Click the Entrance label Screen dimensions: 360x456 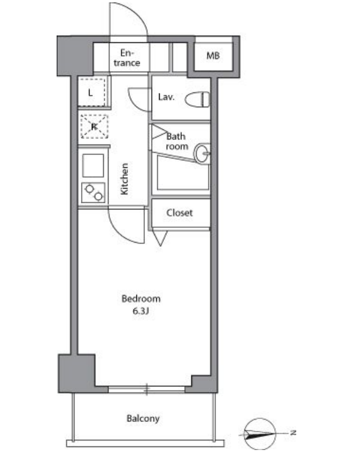[x=127, y=58]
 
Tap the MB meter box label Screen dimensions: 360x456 [x=213, y=55]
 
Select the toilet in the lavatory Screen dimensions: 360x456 [x=197, y=99]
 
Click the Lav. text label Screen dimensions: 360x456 [x=166, y=97]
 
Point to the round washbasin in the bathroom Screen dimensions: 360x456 [x=203, y=154]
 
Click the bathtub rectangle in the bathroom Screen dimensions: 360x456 [x=183, y=172]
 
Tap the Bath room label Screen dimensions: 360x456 [x=176, y=141]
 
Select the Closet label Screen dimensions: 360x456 [x=179, y=213]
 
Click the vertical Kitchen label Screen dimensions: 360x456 [x=124, y=179]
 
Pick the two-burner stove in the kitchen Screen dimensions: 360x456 [x=94, y=193]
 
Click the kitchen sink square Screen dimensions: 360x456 [x=93, y=166]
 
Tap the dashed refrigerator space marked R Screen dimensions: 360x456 [x=94, y=127]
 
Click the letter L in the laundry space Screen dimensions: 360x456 [x=91, y=93]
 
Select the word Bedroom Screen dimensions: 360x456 [x=141, y=299]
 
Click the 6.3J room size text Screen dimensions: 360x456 [x=141, y=311]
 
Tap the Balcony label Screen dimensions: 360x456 [x=143, y=419]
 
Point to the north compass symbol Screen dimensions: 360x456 [x=259, y=434]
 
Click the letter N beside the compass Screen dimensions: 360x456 [x=293, y=432]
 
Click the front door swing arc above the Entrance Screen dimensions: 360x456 [x=136, y=13]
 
